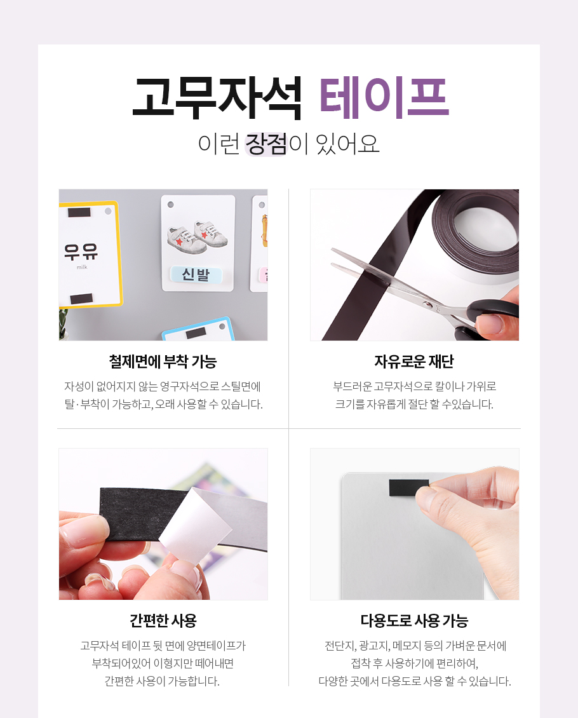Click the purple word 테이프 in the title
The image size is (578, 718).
pos(384,98)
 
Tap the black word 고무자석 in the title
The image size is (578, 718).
pos(217,98)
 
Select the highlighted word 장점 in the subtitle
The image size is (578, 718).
pos(266,144)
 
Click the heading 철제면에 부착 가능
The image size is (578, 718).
pos(163,362)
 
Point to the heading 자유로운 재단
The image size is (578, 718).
pos(414,362)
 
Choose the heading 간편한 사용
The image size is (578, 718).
pos(163,620)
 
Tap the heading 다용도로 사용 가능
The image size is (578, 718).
pos(414,620)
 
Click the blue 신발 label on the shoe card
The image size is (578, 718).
pos(196,274)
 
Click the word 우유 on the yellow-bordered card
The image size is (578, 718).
pos(81,252)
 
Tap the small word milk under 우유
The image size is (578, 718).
pos(82,267)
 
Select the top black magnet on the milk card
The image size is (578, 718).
pos(79,212)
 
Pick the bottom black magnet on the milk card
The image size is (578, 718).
pos(81,299)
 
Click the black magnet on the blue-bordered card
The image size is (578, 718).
pos(196,334)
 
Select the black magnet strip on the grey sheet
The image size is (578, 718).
pos(408,488)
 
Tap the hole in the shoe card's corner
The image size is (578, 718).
pos(170,205)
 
